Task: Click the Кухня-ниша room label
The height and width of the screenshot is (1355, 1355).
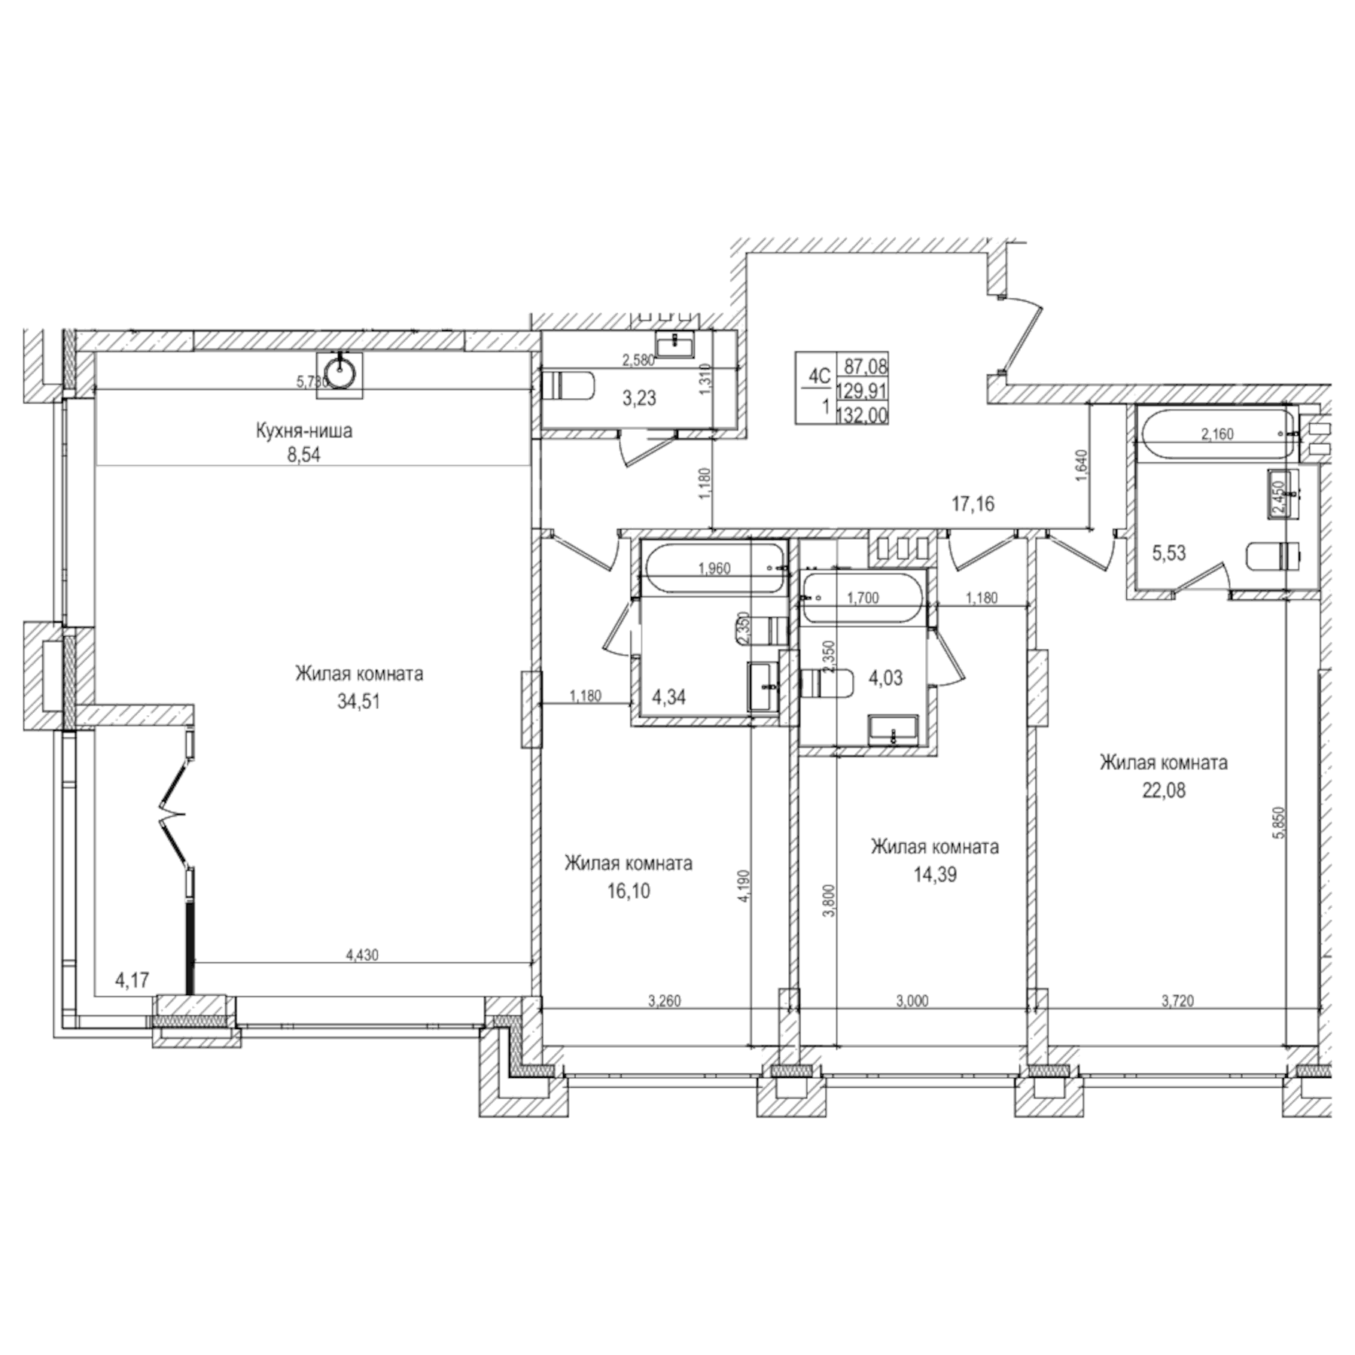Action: click(303, 431)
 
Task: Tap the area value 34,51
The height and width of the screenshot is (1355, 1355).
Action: click(358, 702)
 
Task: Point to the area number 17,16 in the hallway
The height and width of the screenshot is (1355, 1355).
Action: click(973, 504)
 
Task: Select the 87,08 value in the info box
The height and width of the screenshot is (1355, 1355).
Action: click(866, 367)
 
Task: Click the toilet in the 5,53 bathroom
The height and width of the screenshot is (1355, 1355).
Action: click(1272, 556)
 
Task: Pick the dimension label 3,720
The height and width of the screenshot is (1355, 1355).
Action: click(1176, 1001)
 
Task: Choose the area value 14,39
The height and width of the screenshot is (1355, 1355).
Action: click(935, 875)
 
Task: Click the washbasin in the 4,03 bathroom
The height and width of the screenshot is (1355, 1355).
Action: click(893, 729)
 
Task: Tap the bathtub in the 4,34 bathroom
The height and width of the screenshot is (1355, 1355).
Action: click(714, 569)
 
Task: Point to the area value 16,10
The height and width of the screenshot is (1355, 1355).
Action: click(629, 891)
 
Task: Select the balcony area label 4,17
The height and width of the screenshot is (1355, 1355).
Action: click(132, 981)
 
